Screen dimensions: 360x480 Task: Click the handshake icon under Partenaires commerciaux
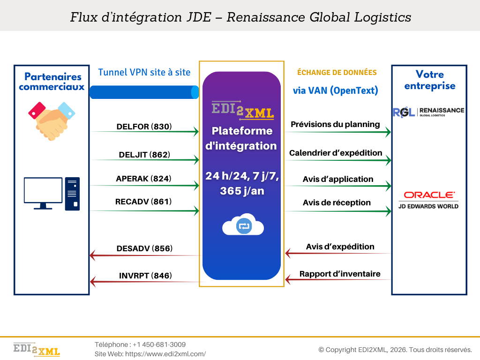tap(52, 121)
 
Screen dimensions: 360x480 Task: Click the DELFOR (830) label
tap(144, 127)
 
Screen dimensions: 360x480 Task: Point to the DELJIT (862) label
tap(144, 155)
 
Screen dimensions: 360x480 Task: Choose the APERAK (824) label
tap(144, 179)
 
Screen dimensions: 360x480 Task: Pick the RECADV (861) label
tap(143, 202)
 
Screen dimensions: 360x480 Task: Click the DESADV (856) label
tap(144, 249)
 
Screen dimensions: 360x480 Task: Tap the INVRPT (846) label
tap(144, 276)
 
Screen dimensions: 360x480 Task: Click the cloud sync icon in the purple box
tap(243, 225)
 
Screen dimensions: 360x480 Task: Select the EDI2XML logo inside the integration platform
tap(242, 110)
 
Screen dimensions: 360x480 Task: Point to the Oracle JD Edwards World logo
tap(429, 199)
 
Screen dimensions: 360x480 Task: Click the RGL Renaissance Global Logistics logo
tap(428, 112)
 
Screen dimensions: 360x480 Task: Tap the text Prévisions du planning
tap(335, 125)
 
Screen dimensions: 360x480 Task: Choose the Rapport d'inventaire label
tap(340, 274)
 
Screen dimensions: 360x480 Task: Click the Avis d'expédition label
tap(340, 247)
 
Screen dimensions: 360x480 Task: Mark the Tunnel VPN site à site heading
tap(144, 72)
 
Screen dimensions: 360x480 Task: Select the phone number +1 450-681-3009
tap(159, 345)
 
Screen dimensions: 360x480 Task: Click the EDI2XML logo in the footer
tap(37, 350)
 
